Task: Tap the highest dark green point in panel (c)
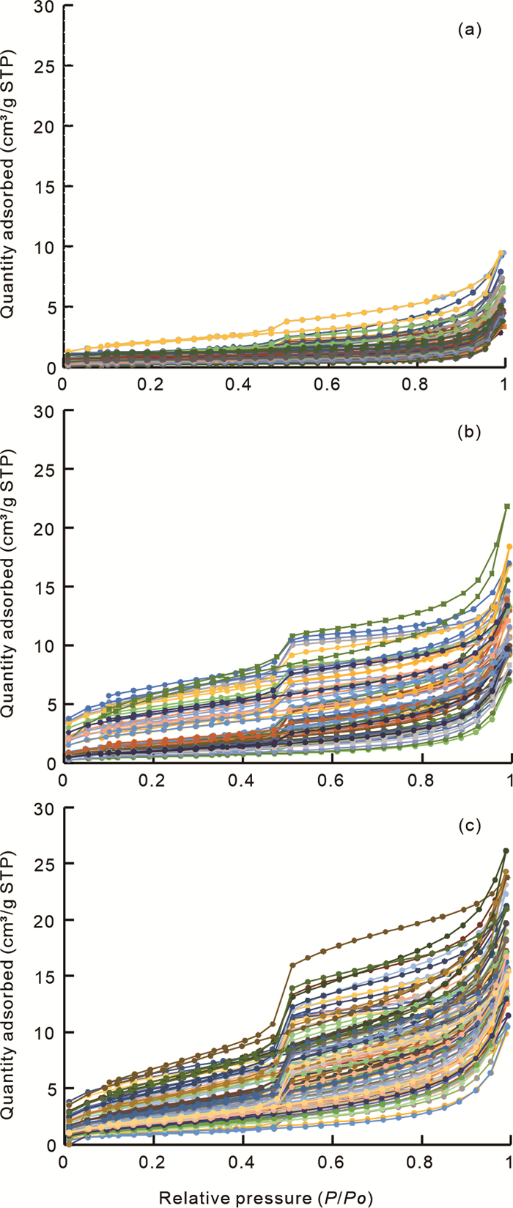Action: pos(506,851)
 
